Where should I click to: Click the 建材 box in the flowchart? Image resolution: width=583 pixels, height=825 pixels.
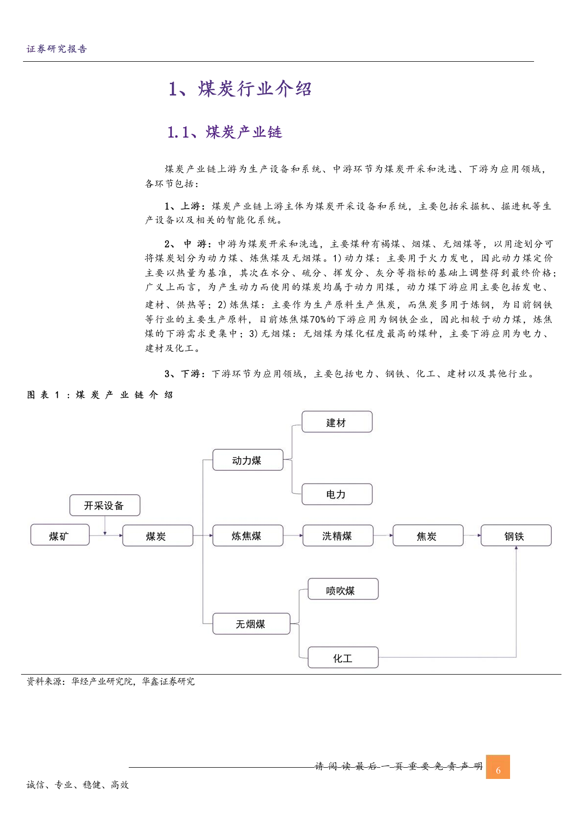[337, 422]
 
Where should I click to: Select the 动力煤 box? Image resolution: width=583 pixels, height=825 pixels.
[248, 460]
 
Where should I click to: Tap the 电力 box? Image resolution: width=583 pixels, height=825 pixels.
[337, 494]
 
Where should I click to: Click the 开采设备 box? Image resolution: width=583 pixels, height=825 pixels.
[105, 506]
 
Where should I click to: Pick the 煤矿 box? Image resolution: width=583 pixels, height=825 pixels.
[60, 535]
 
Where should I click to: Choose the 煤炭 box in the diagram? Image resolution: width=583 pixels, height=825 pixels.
[157, 535]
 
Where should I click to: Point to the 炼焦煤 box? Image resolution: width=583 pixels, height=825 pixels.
[248, 535]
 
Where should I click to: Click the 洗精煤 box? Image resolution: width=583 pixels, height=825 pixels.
[338, 535]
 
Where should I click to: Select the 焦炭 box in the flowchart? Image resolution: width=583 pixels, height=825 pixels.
[427, 535]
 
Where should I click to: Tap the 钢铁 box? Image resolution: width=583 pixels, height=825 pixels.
[515, 535]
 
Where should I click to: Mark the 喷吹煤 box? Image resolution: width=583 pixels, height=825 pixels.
[343, 589]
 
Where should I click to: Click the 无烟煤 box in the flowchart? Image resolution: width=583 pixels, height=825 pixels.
[251, 624]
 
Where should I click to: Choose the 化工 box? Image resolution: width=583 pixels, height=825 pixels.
[343, 657]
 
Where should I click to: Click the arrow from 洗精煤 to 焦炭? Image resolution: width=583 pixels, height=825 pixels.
[383, 535]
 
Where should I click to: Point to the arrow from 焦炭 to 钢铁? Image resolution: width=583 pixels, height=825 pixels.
[472, 535]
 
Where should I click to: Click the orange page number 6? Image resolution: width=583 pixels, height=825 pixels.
[498, 767]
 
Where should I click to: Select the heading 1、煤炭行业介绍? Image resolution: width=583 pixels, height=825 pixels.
[240, 89]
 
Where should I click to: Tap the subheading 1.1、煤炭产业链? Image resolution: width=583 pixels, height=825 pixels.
[225, 132]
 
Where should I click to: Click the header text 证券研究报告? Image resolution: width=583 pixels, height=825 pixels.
[57, 49]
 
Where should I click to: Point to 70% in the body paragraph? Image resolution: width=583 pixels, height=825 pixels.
[318, 319]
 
